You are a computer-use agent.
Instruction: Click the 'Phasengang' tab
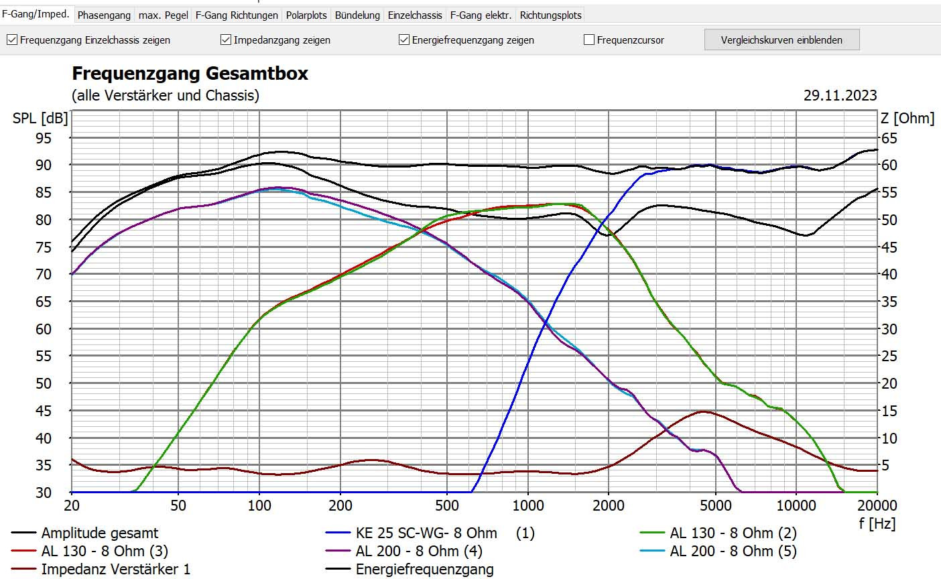pyautogui.click(x=104, y=15)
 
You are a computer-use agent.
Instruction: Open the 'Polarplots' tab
pyautogui.click(x=306, y=15)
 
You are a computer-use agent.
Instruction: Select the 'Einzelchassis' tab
pyautogui.click(x=415, y=15)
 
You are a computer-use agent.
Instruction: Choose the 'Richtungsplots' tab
pyautogui.click(x=550, y=15)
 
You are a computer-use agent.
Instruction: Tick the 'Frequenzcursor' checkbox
pyautogui.click(x=589, y=40)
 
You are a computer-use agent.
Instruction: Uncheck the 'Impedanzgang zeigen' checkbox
pyautogui.click(x=226, y=40)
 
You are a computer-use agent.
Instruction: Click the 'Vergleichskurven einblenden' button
pyautogui.click(x=781, y=40)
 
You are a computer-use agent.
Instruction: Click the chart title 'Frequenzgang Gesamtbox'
pyautogui.click(x=190, y=73)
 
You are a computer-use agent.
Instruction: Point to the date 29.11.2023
pyautogui.click(x=840, y=95)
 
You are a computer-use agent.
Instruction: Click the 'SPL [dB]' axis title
pyautogui.click(x=40, y=119)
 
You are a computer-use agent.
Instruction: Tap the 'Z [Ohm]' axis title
pyautogui.click(x=907, y=119)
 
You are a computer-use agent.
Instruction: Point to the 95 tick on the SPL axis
pyautogui.click(x=44, y=138)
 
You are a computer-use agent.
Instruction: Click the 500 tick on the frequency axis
pyautogui.click(x=447, y=505)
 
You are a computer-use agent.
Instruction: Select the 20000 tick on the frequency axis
pyautogui.click(x=877, y=505)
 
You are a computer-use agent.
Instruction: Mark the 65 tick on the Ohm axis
pyautogui.click(x=889, y=138)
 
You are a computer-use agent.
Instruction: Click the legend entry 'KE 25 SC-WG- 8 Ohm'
pyautogui.click(x=426, y=533)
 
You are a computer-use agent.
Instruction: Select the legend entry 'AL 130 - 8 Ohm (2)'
pyautogui.click(x=733, y=533)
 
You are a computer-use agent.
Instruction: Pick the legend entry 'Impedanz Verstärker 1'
pyautogui.click(x=115, y=570)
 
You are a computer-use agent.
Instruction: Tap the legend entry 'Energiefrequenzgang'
pyautogui.click(x=424, y=570)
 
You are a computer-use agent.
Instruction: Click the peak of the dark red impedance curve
pyautogui.click(x=702, y=411)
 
